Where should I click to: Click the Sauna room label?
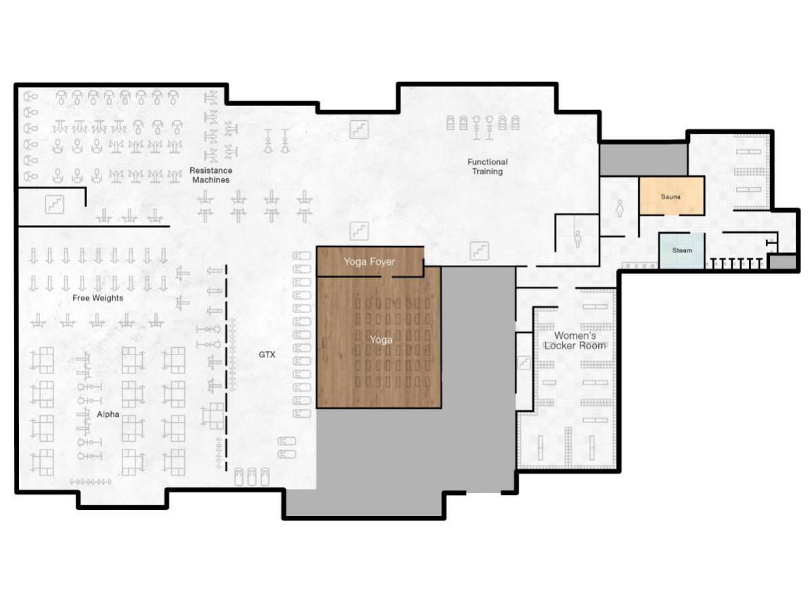pyautogui.click(x=670, y=197)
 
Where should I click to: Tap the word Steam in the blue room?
pyautogui.click(x=682, y=250)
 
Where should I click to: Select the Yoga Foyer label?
pyautogui.click(x=369, y=262)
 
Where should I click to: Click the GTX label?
pyautogui.click(x=267, y=355)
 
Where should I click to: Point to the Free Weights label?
pyautogui.click(x=98, y=298)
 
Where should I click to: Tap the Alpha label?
pyautogui.click(x=108, y=414)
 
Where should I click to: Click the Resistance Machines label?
pyautogui.click(x=211, y=175)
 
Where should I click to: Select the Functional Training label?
pyautogui.click(x=488, y=167)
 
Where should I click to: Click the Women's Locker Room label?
pyautogui.click(x=580, y=340)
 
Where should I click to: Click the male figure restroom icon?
pyautogui.click(x=578, y=238)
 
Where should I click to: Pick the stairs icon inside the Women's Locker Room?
pyautogui.click(x=523, y=363)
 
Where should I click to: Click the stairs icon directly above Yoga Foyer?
pyautogui.click(x=359, y=231)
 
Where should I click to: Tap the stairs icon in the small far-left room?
pyautogui.click(x=54, y=203)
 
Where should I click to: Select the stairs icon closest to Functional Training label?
pyautogui.click(x=480, y=251)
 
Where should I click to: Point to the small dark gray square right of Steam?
pyautogui.click(x=783, y=262)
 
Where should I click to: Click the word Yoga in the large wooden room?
pyautogui.click(x=381, y=340)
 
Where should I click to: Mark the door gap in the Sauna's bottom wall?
pyautogui.click(x=670, y=215)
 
